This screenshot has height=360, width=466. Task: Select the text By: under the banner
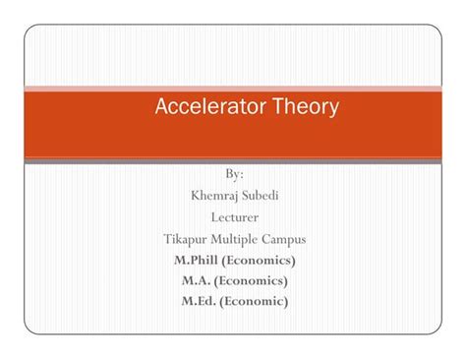pos(234,174)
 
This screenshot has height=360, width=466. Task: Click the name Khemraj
pos(213,195)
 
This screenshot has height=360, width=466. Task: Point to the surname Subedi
pos(260,195)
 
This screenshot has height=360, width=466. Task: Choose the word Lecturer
pos(234,216)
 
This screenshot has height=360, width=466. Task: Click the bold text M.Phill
pos(196,260)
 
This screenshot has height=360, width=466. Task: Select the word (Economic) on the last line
pos(255,302)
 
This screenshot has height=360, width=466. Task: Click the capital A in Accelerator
pos(163,107)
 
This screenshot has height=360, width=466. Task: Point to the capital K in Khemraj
pos(195,195)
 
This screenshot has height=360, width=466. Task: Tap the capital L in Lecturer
pos(214,216)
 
